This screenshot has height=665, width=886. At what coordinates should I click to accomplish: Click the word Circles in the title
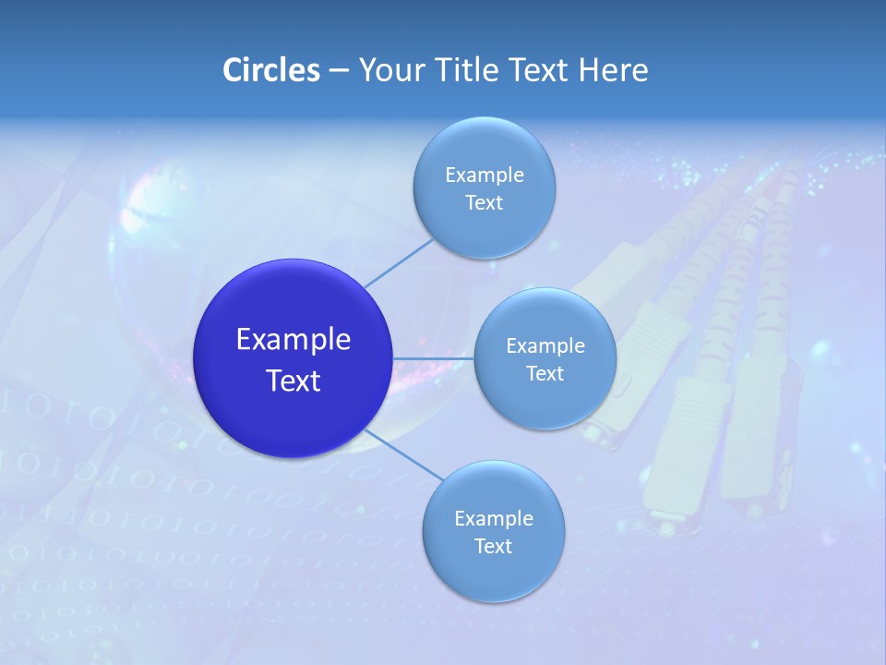point(270,70)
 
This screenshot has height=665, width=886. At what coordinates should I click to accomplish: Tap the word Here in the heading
point(613,70)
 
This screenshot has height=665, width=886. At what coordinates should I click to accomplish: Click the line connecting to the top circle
point(399,263)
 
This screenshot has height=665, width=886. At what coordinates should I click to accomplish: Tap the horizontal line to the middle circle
point(434,358)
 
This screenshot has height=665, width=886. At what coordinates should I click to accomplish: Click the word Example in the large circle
point(293,340)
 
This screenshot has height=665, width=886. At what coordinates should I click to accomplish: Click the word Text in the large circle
point(293,381)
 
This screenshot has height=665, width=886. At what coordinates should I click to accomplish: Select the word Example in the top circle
point(485,175)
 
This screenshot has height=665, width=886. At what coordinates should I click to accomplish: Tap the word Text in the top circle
point(485,203)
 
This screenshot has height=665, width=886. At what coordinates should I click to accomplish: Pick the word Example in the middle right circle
point(545,346)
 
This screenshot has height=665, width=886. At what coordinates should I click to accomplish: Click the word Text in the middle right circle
point(545,374)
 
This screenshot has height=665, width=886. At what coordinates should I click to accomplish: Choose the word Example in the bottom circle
point(494,519)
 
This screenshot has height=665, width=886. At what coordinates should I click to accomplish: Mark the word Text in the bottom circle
point(494,547)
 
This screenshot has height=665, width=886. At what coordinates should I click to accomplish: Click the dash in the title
point(339,71)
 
